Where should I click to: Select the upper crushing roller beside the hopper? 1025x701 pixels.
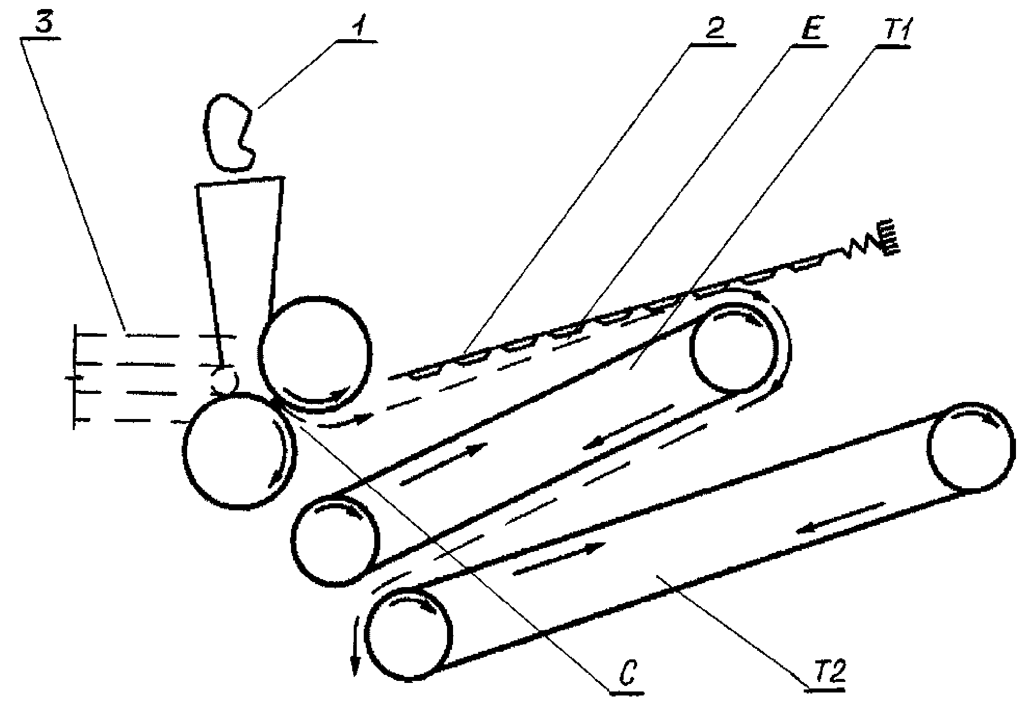click(x=316, y=353)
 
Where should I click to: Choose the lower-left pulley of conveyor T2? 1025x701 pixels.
click(x=409, y=634)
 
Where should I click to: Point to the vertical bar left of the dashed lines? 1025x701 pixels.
click(x=75, y=376)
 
